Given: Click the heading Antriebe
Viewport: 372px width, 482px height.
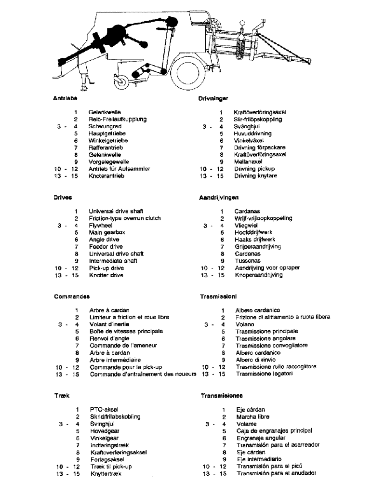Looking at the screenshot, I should pos(65,98).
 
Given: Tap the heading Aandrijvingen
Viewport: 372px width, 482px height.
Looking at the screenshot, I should pos(219,198).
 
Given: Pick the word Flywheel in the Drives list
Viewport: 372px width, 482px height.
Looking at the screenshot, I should pos(101,225).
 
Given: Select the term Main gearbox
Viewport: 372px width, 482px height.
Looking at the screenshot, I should pos(107,232).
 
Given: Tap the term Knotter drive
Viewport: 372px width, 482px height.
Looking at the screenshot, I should pos(106,275).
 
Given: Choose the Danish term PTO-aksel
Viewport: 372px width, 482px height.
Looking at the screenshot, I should pos(104,409).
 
